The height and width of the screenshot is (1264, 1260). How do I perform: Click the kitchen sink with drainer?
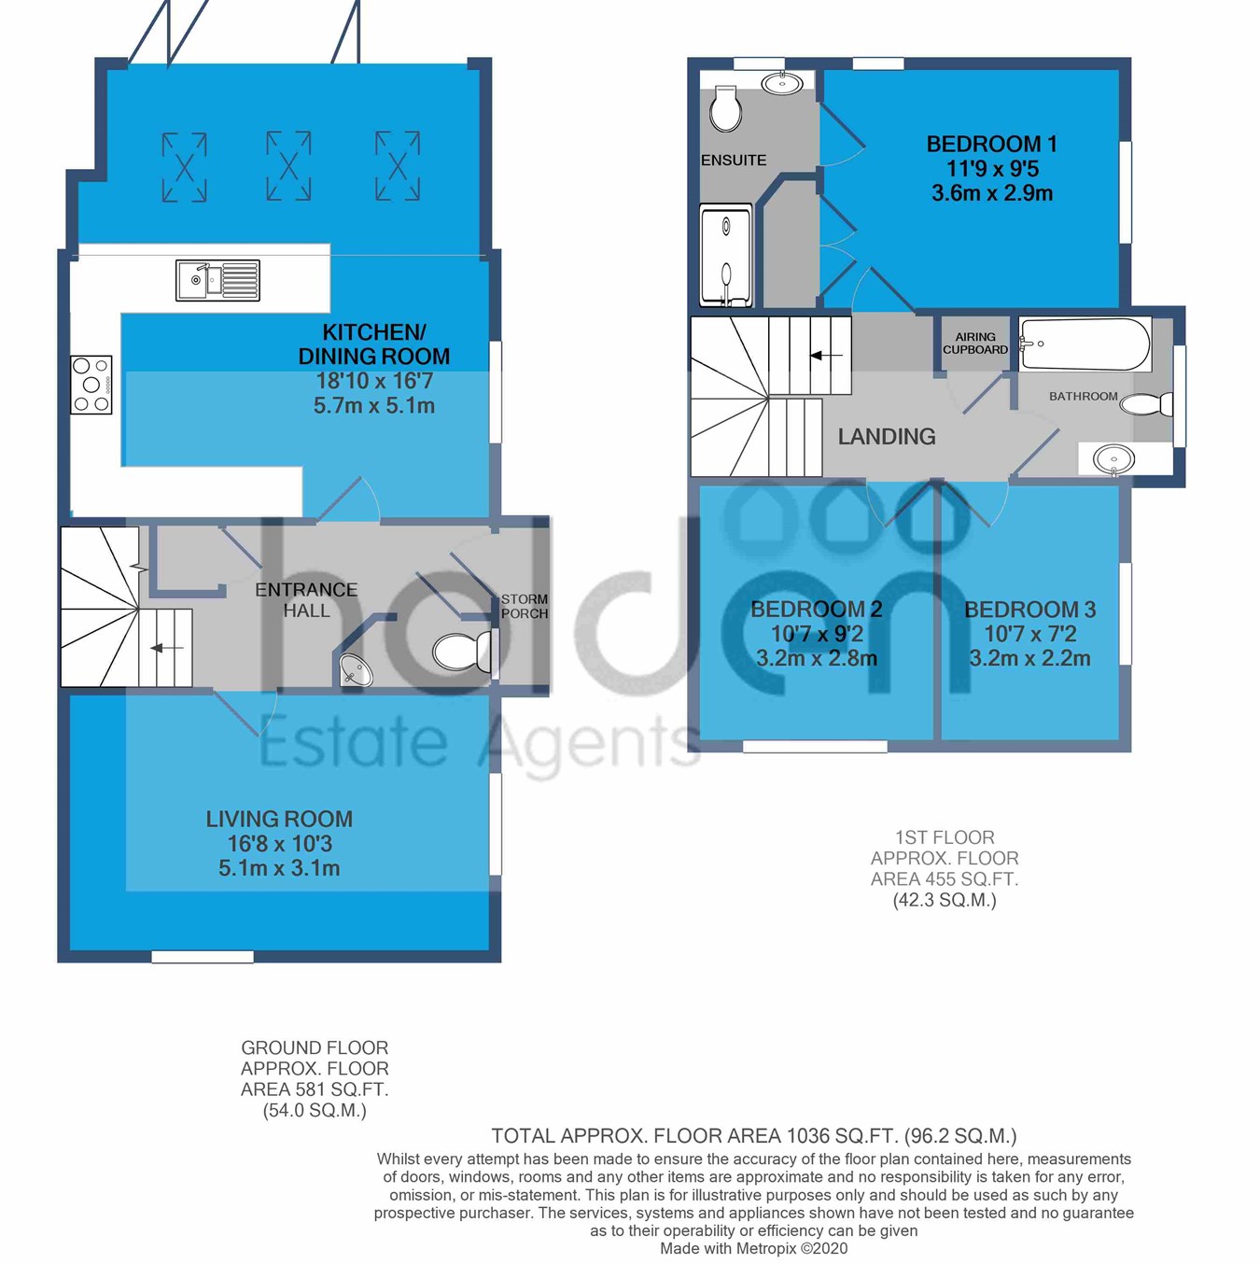point(217,281)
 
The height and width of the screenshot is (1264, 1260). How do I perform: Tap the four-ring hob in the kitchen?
point(91,385)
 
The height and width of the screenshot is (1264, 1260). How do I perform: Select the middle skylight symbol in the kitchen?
point(288,166)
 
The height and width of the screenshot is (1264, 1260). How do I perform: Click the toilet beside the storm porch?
point(462,652)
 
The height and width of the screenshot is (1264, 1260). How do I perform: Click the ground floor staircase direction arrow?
point(167,648)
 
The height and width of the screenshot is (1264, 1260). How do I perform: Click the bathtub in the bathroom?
point(1085,344)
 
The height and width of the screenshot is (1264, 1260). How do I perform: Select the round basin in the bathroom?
point(1113,458)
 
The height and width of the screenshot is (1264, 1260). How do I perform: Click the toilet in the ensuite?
point(725,109)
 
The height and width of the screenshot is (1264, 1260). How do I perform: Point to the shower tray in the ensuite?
point(726,256)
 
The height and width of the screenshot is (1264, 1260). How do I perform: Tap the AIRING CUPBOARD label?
point(975,343)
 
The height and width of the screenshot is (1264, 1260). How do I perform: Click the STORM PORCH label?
point(525,606)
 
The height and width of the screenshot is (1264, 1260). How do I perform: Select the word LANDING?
point(887,436)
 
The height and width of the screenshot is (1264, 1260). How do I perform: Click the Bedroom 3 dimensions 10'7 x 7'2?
point(1029,634)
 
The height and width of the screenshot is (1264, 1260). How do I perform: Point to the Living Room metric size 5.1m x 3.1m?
point(279,868)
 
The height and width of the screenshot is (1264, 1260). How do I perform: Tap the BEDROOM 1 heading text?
point(992,144)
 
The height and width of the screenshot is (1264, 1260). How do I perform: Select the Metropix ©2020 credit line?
point(753,1250)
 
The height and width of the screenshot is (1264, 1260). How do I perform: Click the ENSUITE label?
point(734,160)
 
